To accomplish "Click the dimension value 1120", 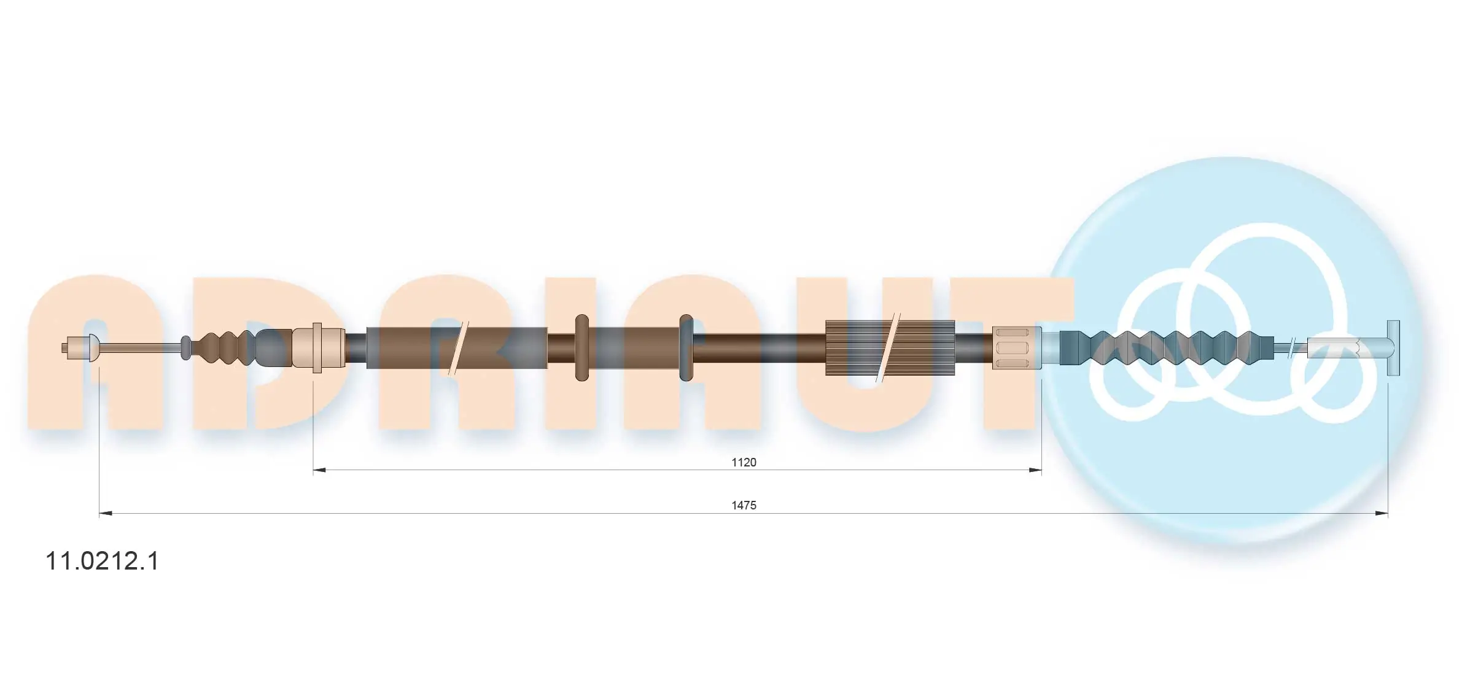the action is pos(744,462).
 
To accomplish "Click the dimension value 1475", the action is pos(744,505).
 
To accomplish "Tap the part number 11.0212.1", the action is pos(103,561).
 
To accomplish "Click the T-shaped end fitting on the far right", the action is pos(1393,348).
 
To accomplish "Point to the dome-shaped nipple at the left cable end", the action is pos(93,348).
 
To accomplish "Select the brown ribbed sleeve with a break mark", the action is pos(890,348).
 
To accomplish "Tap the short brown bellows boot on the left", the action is pos(223,348).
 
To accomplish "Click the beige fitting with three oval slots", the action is pos(1017,348).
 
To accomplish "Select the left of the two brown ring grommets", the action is pos(581,348).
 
